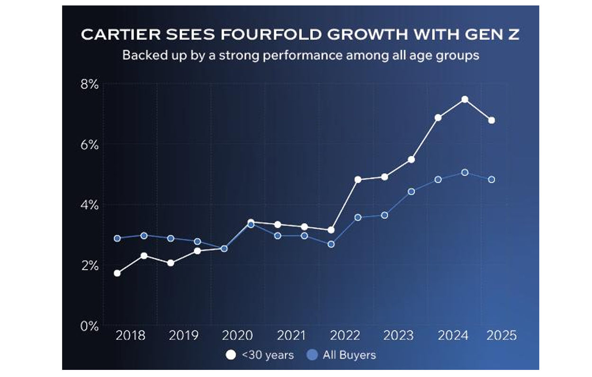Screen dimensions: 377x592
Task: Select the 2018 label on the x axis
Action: [x=130, y=336]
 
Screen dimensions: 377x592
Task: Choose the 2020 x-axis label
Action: [x=237, y=336]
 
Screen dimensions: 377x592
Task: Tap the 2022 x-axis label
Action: [x=345, y=336]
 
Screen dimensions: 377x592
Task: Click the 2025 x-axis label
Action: [x=501, y=336]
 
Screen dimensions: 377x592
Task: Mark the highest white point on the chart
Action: [x=465, y=99]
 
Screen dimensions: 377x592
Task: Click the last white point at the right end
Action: [x=492, y=120]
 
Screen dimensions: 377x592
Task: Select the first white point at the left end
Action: [x=117, y=273]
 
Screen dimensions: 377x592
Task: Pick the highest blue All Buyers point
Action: [x=465, y=172]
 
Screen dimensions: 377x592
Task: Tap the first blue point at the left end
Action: [x=117, y=238]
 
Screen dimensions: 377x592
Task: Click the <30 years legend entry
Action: [x=260, y=355]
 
